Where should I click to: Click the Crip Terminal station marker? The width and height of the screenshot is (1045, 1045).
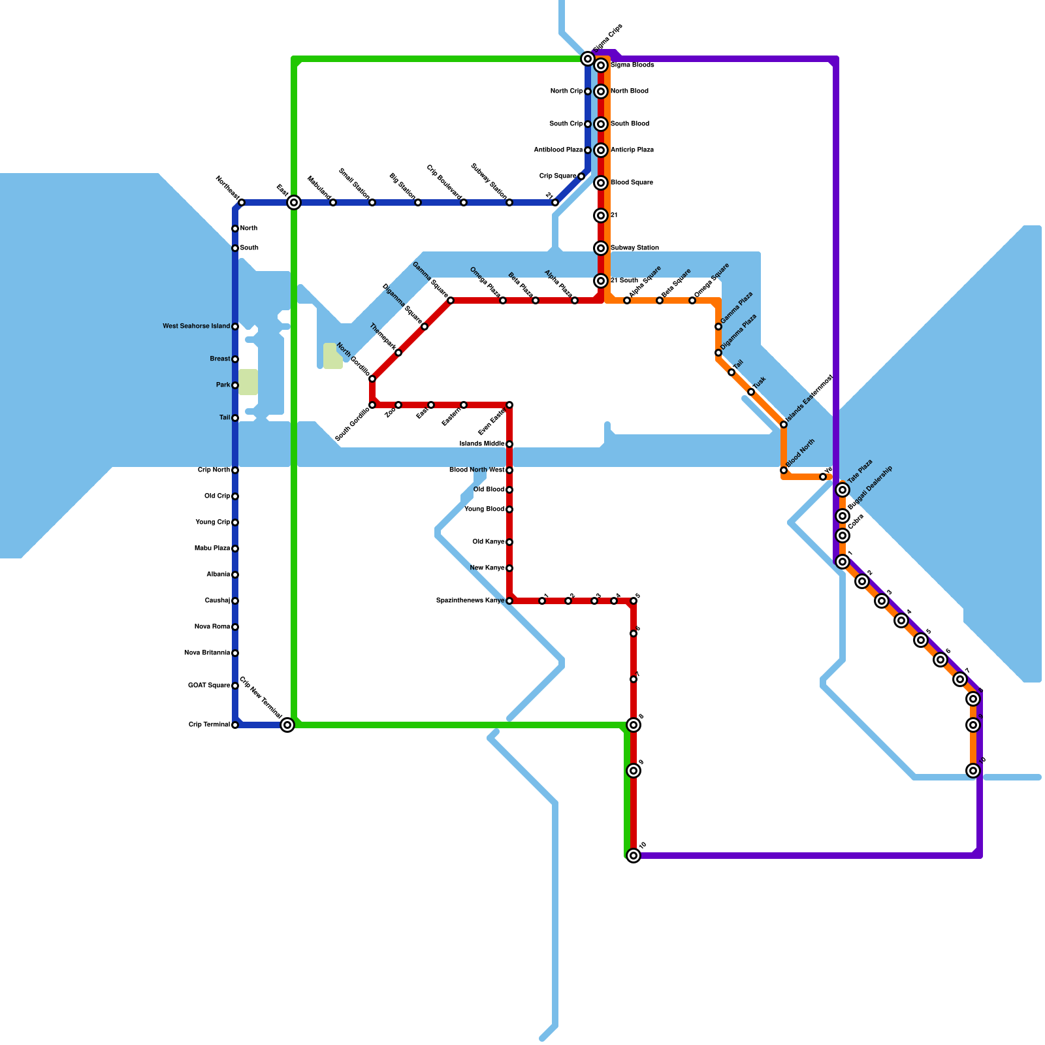(x=235, y=725)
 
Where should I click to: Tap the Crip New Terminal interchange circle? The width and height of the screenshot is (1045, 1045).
(x=287, y=725)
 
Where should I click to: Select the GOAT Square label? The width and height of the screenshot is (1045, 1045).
(x=209, y=686)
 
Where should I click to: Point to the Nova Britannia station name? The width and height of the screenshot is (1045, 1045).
(x=207, y=653)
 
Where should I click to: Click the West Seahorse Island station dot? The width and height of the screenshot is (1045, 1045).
(x=235, y=327)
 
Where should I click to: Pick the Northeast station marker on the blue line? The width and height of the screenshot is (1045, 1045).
(x=242, y=202)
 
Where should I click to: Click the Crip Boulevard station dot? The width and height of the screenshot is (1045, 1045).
(x=464, y=202)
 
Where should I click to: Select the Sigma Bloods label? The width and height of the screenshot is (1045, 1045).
(x=632, y=65)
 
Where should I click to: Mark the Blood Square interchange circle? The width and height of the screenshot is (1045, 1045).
(x=602, y=183)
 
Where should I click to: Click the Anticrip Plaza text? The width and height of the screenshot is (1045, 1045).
(x=632, y=150)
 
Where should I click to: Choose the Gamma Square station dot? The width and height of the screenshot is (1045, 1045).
(x=451, y=300)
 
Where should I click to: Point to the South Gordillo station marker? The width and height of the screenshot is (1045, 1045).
(x=372, y=405)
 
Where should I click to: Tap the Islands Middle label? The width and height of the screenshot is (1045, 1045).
(x=482, y=444)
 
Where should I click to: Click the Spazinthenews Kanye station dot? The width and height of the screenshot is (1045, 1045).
(x=509, y=601)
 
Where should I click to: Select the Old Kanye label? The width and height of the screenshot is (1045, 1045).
(x=489, y=542)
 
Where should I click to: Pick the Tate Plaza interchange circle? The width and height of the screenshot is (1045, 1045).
(x=843, y=490)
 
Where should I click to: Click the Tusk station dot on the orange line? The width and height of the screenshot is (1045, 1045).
(x=751, y=392)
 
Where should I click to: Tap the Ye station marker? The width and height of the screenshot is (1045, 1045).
(x=823, y=477)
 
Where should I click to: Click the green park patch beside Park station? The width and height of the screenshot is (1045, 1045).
(x=248, y=382)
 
